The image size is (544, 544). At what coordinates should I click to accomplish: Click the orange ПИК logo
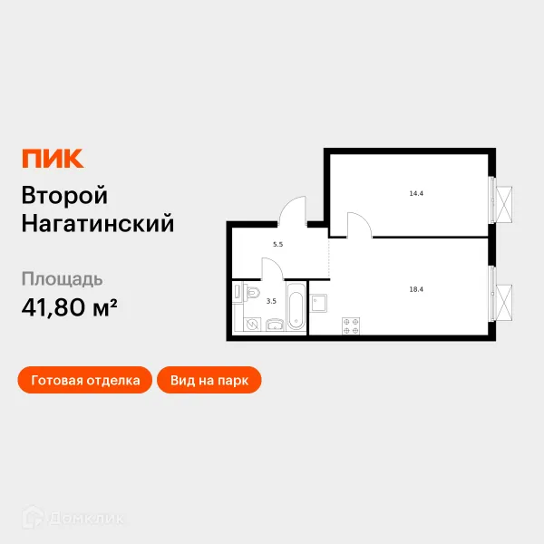[52, 158]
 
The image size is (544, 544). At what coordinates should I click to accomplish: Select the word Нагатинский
[97, 223]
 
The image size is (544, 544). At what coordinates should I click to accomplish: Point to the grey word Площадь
[62, 278]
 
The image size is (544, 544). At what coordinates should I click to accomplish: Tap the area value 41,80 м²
[69, 307]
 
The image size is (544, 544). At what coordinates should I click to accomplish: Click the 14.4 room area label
[417, 193]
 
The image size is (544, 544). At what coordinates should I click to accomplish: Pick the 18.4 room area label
[417, 288]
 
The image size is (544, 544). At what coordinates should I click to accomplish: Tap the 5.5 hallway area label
[277, 244]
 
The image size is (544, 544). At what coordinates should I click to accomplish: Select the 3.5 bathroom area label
[271, 301]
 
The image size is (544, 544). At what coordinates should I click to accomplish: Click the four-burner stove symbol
[352, 325]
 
